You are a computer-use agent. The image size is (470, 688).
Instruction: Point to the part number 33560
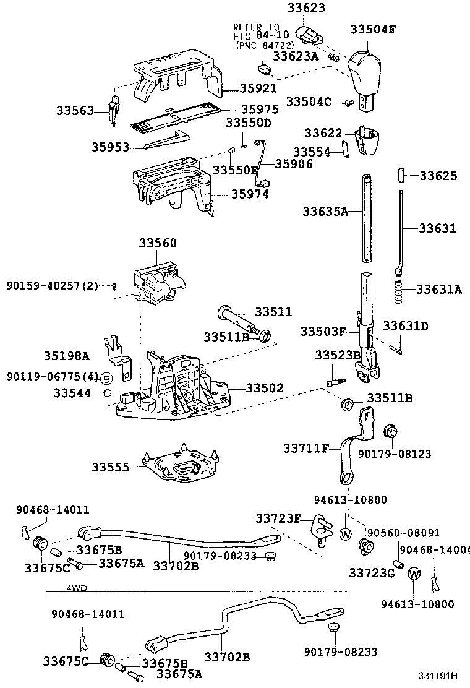[x=157, y=243]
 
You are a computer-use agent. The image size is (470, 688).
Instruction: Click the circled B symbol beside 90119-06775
[x=106, y=378]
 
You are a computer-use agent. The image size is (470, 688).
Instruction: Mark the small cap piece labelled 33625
[x=401, y=175]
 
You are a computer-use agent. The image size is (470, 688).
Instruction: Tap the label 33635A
[x=325, y=212]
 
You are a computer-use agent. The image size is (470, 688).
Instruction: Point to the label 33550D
[x=248, y=123]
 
